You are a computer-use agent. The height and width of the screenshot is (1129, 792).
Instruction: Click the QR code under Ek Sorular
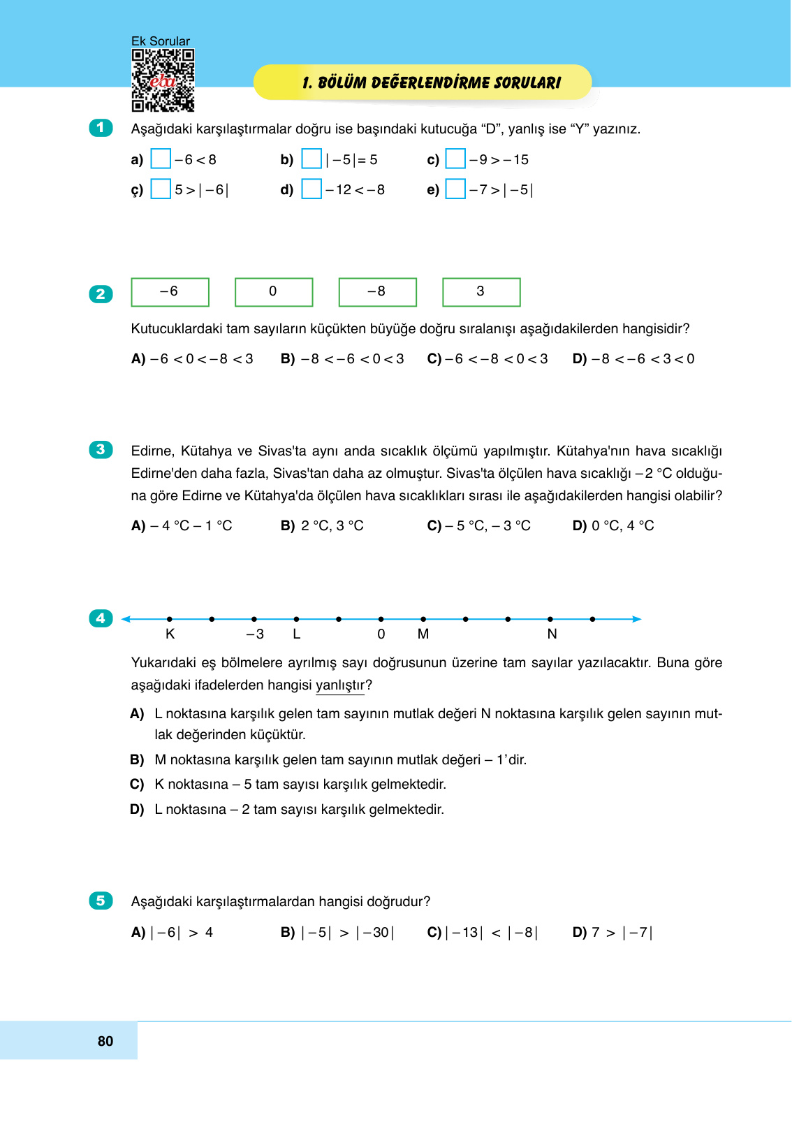pyautogui.click(x=163, y=80)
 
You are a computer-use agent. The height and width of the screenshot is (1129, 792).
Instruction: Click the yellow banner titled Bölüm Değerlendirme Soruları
pyautogui.click(x=423, y=82)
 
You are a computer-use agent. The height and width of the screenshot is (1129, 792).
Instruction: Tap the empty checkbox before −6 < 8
pyautogui.click(x=161, y=159)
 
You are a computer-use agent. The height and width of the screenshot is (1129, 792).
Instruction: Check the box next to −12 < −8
pyautogui.click(x=311, y=189)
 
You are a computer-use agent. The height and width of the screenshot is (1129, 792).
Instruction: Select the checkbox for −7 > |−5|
pyautogui.click(x=455, y=189)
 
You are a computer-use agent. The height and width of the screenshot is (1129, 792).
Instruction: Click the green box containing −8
pyautogui.click(x=377, y=292)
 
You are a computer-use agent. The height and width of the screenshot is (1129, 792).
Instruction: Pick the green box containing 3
pyautogui.click(x=481, y=292)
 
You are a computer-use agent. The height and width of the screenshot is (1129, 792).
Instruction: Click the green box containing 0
pyautogui.click(x=274, y=292)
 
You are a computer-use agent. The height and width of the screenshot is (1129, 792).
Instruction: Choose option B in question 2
pyautogui.click(x=342, y=359)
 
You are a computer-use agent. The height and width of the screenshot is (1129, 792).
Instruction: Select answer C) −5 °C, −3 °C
pyautogui.click(x=479, y=526)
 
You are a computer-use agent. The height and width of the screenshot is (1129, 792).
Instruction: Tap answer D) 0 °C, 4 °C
pyautogui.click(x=613, y=526)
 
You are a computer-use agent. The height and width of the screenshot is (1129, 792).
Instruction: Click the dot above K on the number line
pyautogui.click(x=170, y=619)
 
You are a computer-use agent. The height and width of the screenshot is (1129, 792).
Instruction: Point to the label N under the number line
pyautogui.click(x=552, y=634)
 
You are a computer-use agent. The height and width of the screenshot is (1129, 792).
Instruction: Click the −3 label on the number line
pyautogui.click(x=255, y=634)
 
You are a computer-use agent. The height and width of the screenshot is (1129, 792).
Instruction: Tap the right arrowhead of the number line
pyautogui.click(x=636, y=619)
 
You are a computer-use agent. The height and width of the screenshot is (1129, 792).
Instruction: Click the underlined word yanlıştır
pyautogui.click(x=340, y=685)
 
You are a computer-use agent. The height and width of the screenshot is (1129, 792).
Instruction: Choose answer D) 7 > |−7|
pyautogui.click(x=613, y=933)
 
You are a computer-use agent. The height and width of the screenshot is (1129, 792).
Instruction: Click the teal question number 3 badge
pyautogui.click(x=101, y=449)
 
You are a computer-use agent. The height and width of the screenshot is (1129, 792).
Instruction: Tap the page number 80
pyautogui.click(x=105, y=1041)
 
